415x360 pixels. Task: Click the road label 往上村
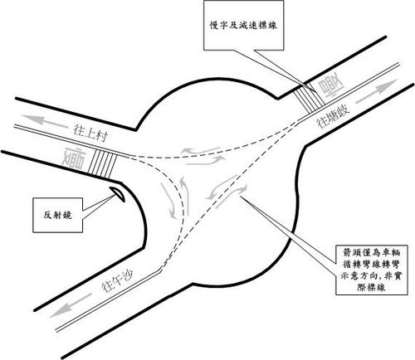tap(90, 133)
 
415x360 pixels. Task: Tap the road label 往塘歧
tap(333, 116)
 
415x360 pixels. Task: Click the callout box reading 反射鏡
tap(57, 215)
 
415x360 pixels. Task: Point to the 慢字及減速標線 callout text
tap(243, 26)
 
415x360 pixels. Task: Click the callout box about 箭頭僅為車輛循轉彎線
tap(372, 270)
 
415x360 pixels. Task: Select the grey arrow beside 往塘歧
tap(376, 91)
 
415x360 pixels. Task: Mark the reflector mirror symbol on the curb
tap(117, 193)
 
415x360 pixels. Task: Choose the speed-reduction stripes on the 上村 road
tap(102, 164)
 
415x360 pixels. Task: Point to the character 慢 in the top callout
tap(214, 26)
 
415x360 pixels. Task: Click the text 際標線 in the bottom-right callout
tap(372, 288)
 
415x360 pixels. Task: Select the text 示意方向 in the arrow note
tap(358, 276)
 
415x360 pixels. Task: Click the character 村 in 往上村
tap(101, 136)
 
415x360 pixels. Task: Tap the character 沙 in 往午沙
tap(130, 276)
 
